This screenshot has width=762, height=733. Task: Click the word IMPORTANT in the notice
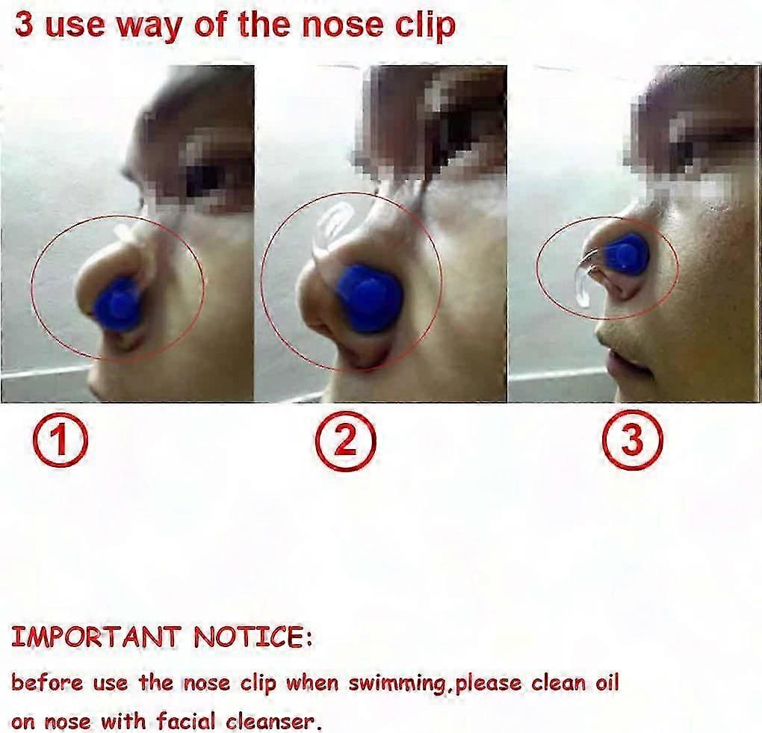click(x=96, y=637)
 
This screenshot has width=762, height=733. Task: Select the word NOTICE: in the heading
click(x=253, y=637)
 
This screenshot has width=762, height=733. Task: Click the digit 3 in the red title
click(x=25, y=25)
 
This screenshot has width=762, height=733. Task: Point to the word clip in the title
click(x=425, y=27)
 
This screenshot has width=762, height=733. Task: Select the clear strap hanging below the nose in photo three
click(x=583, y=287)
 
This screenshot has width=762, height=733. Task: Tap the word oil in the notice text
click(x=607, y=682)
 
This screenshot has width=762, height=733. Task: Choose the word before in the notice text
click(x=47, y=683)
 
